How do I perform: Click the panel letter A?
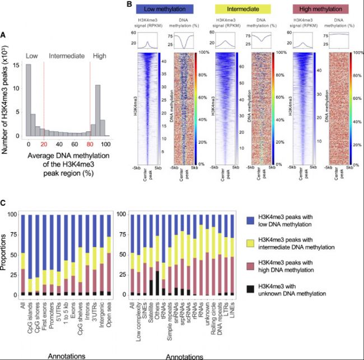(x=4, y=36)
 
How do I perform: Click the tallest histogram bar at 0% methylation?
(x=29, y=101)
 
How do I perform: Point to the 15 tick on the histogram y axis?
(x=19, y=64)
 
